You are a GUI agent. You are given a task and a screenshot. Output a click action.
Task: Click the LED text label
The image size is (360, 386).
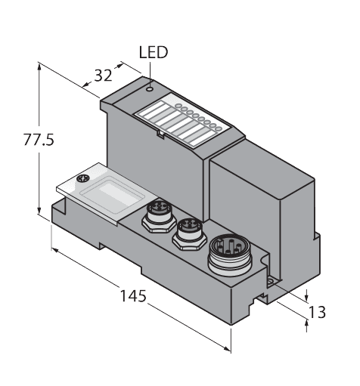coord(154,52)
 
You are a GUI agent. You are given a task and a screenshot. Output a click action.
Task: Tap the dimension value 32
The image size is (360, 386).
coord(102,75)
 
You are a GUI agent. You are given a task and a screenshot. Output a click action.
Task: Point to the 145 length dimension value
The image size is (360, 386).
coord(133,295)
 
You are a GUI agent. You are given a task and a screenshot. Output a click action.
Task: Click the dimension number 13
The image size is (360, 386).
coord(318,311)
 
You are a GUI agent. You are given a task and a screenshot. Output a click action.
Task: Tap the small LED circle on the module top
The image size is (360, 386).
coord(151,88)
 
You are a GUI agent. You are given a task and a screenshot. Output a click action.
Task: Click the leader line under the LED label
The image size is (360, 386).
coord(151,71)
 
